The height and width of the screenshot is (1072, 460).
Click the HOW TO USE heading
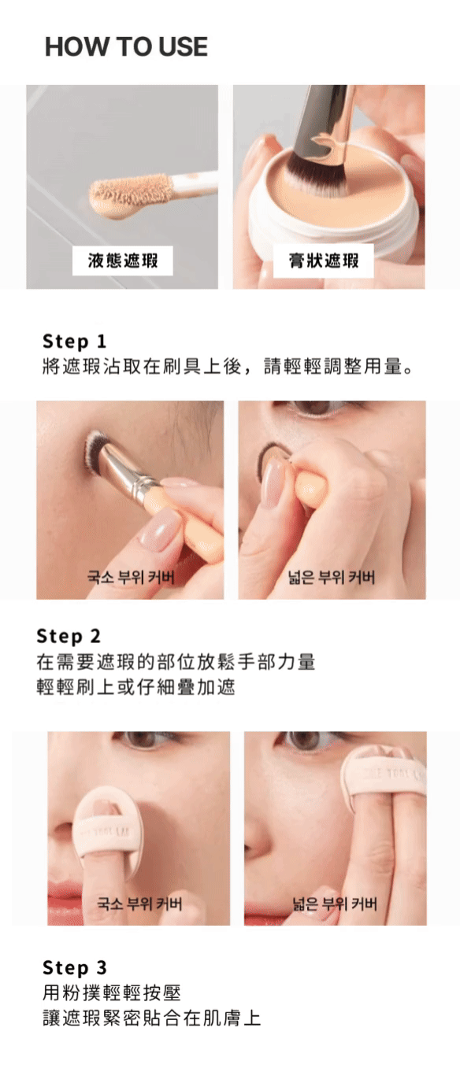[x=126, y=46]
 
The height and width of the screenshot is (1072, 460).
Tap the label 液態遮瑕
[x=123, y=261]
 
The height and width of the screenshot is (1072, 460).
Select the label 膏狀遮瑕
[x=324, y=261]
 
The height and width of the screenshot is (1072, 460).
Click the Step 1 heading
[x=74, y=342]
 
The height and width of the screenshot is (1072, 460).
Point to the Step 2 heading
[x=69, y=637]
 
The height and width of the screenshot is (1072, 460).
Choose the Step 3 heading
[x=74, y=967]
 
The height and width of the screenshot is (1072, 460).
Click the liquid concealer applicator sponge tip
[x=129, y=196]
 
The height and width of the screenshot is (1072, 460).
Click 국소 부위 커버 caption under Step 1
[x=131, y=577]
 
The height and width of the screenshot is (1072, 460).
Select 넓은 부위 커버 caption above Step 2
[x=331, y=577]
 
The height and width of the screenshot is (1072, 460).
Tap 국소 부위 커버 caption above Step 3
[x=139, y=904]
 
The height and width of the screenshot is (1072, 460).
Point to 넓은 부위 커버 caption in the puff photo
[x=335, y=904]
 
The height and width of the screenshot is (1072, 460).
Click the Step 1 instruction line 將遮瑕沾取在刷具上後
[x=142, y=367]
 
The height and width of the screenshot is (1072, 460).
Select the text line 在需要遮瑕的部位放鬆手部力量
[x=176, y=663]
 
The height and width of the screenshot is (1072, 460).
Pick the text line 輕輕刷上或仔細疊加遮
[x=136, y=688]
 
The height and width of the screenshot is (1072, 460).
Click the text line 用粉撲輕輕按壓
[x=112, y=993]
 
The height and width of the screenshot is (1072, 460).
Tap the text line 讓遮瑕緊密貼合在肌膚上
[x=151, y=1018]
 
